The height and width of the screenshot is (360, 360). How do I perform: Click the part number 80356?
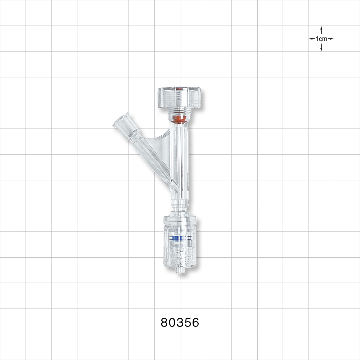pyautogui.click(x=180, y=323)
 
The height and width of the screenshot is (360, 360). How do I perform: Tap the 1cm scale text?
pyautogui.click(x=321, y=39)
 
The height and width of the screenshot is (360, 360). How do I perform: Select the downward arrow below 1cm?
pyautogui.click(x=321, y=48)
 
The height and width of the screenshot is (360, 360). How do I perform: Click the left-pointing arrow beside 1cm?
pyautogui.click(x=312, y=39)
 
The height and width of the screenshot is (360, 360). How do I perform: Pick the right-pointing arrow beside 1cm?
pyautogui.click(x=330, y=39)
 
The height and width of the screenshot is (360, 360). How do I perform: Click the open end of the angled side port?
pyautogui.click(x=121, y=121)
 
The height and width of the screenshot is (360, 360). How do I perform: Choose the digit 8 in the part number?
pyautogui.click(x=165, y=323)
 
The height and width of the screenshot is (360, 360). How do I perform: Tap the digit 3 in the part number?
pyautogui.click(x=180, y=323)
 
